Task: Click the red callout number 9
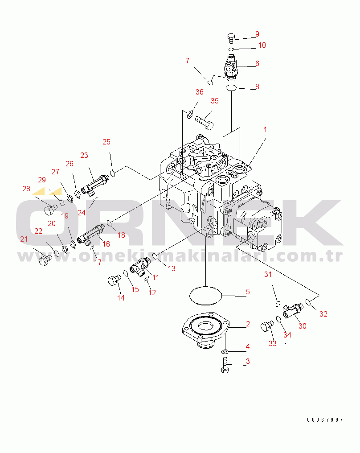[257, 34]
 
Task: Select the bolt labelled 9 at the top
[231, 38]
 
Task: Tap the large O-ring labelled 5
[205, 295]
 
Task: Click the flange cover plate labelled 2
[205, 329]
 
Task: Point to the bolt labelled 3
[225, 365]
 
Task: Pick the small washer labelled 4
[225, 352]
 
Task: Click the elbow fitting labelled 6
[231, 67]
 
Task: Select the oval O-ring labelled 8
[231, 87]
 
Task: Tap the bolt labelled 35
[205, 123]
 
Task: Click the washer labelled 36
[190, 115]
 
